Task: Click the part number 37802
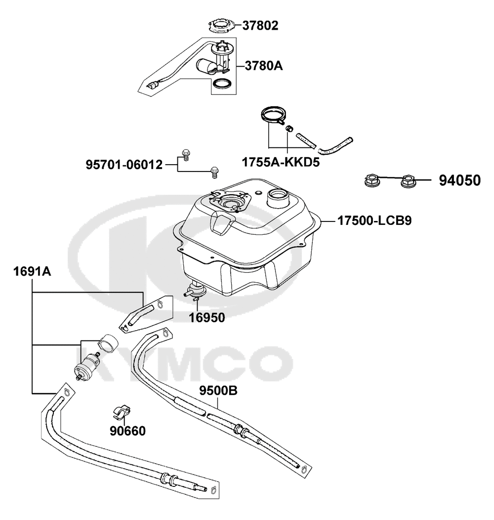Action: click(x=260, y=25)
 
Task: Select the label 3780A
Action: click(x=264, y=65)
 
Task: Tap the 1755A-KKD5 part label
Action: click(x=280, y=162)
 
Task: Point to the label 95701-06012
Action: click(x=123, y=165)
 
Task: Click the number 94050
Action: click(x=459, y=181)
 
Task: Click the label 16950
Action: click(x=206, y=317)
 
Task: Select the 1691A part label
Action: click(x=32, y=271)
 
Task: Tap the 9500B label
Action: click(x=218, y=391)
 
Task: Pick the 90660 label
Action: click(x=127, y=431)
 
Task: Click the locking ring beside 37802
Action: click(x=220, y=25)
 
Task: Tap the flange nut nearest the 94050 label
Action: click(x=408, y=181)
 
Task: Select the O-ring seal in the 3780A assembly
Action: click(x=223, y=85)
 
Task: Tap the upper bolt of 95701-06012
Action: click(x=186, y=154)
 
